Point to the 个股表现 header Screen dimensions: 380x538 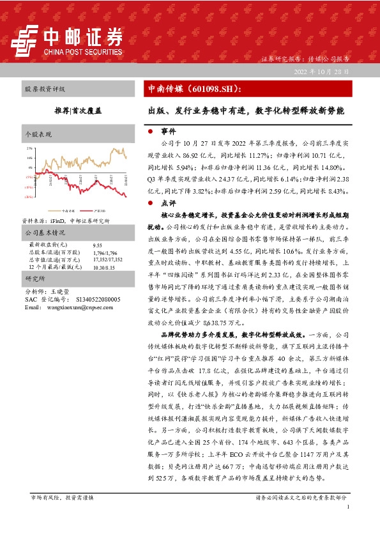(x=37, y=135)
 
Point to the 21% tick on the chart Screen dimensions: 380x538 (x=28, y=148)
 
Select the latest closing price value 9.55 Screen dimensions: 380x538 (x=97, y=245)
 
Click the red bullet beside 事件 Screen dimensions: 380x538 (x=149, y=130)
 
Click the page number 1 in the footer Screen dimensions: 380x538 (x=348, y=507)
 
